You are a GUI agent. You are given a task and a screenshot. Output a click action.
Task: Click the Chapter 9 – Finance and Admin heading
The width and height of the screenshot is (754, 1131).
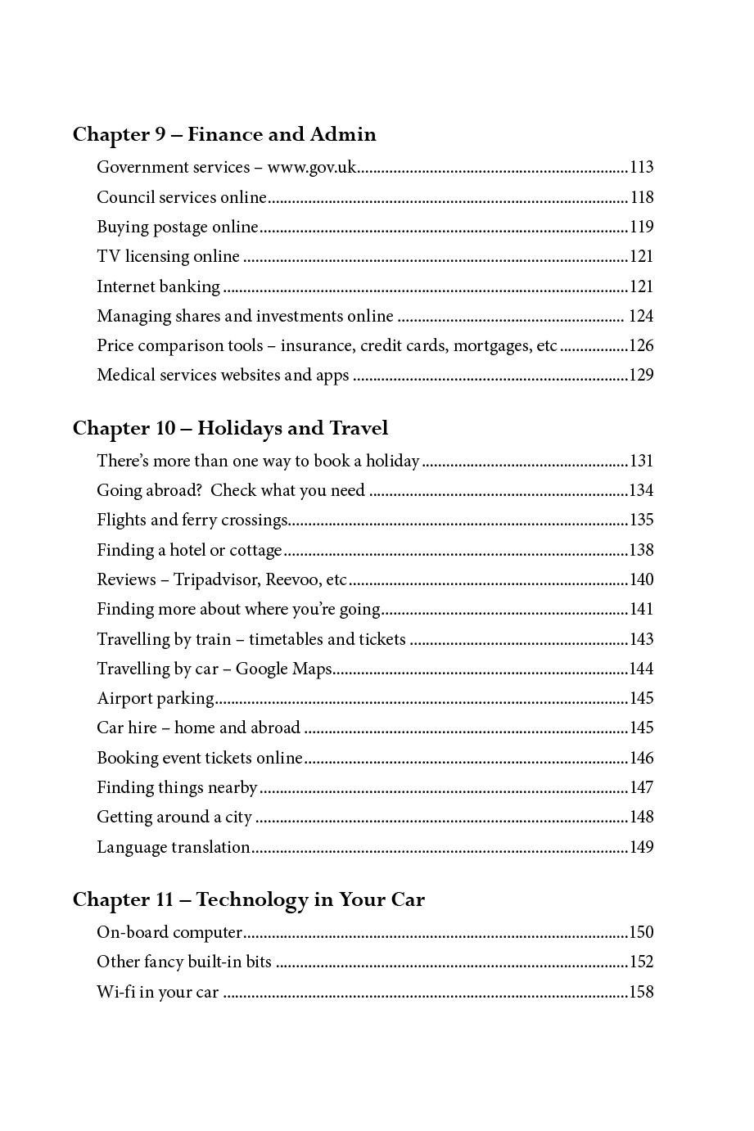tap(224, 135)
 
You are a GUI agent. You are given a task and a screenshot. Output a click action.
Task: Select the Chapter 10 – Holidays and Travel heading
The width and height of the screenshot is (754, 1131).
tap(230, 429)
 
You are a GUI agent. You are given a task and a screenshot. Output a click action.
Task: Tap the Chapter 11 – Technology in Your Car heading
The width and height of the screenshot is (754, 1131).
tap(248, 900)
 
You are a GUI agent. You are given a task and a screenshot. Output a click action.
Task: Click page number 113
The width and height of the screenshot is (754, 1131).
tap(641, 168)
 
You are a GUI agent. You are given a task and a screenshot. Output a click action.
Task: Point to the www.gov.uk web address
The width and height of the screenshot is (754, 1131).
tap(312, 168)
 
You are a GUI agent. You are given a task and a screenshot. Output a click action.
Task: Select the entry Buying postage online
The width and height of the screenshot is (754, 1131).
tap(178, 228)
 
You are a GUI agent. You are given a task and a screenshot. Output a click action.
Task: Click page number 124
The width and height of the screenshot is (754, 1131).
tap(641, 317)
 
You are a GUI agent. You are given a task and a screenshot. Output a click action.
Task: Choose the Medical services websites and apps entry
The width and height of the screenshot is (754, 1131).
tap(223, 376)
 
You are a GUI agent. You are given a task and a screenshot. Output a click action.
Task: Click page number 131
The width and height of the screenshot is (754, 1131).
tap(641, 462)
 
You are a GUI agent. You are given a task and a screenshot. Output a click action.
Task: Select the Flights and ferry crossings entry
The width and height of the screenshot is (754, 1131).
tap(192, 520)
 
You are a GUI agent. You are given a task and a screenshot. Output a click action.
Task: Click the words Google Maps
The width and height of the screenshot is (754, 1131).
tap(283, 669)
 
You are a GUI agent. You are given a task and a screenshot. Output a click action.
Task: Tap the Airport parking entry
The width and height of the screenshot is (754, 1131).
tap(156, 699)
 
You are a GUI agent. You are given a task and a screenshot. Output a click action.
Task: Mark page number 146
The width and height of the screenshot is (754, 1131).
tap(641, 759)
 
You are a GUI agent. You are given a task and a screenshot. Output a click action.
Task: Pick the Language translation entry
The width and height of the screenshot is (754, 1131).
tap(174, 848)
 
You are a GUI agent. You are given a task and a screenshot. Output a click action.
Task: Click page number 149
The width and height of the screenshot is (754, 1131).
tap(641, 848)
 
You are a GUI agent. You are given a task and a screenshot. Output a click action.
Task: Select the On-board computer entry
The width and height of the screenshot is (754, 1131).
tap(169, 933)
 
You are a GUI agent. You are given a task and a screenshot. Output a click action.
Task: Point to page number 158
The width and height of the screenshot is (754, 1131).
tap(641, 993)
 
